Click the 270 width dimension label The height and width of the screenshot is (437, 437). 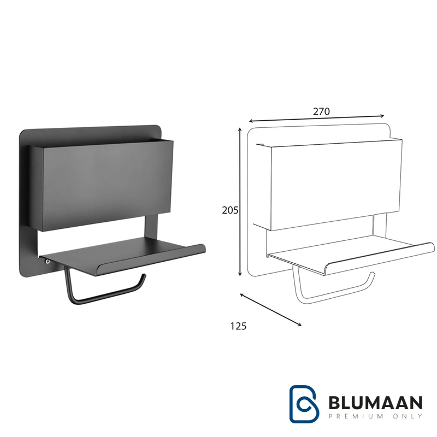[321, 111]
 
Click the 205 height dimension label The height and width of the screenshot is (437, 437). [230, 210]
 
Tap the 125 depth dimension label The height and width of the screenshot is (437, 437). [238, 326]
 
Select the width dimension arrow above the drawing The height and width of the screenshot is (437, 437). [317, 119]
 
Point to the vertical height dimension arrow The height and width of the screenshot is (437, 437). [240, 202]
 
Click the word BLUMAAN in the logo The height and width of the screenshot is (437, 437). [375, 403]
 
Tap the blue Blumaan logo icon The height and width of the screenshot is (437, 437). [304, 404]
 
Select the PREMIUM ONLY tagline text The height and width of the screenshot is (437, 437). [375, 416]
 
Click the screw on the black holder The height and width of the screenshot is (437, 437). [48, 262]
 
